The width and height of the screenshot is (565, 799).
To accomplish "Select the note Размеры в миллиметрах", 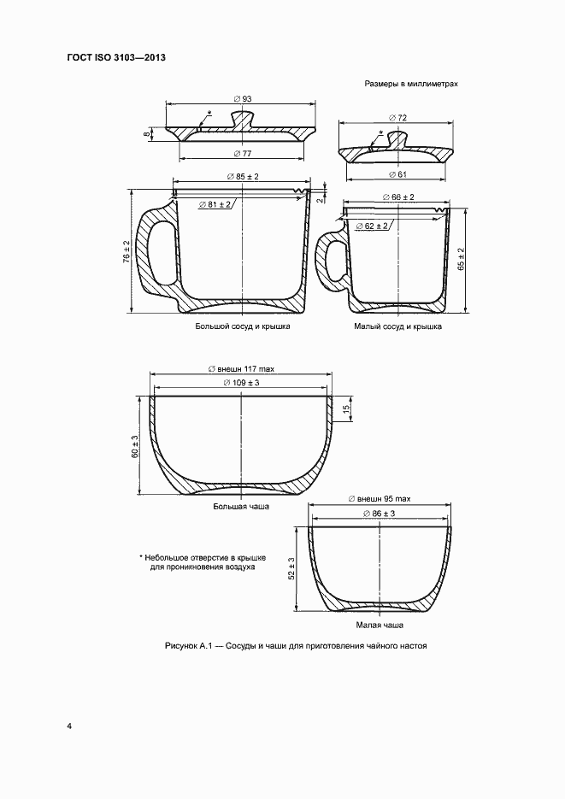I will coord(411,85).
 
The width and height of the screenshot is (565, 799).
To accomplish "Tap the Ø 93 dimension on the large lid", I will coord(242,99).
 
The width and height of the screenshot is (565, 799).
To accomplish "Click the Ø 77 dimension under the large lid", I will coord(242,154).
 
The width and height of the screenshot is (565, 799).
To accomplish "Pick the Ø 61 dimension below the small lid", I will coord(397,175).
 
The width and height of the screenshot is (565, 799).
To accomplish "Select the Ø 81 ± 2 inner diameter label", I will coord(215,204).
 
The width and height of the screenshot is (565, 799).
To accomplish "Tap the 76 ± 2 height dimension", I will coord(126,253).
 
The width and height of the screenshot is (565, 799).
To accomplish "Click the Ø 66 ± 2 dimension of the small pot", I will coord(397,197).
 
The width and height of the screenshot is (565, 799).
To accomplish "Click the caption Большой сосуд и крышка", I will coord(243,326).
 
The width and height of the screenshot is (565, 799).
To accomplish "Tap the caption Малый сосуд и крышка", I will coord(397,326).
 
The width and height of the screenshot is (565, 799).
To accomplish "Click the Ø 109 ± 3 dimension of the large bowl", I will coord(241,383).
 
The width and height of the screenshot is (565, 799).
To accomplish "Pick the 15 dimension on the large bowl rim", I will coord(346,410).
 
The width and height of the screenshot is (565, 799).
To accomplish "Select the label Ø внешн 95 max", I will coord(380,498).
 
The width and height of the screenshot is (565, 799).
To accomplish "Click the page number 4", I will coord(69,726).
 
